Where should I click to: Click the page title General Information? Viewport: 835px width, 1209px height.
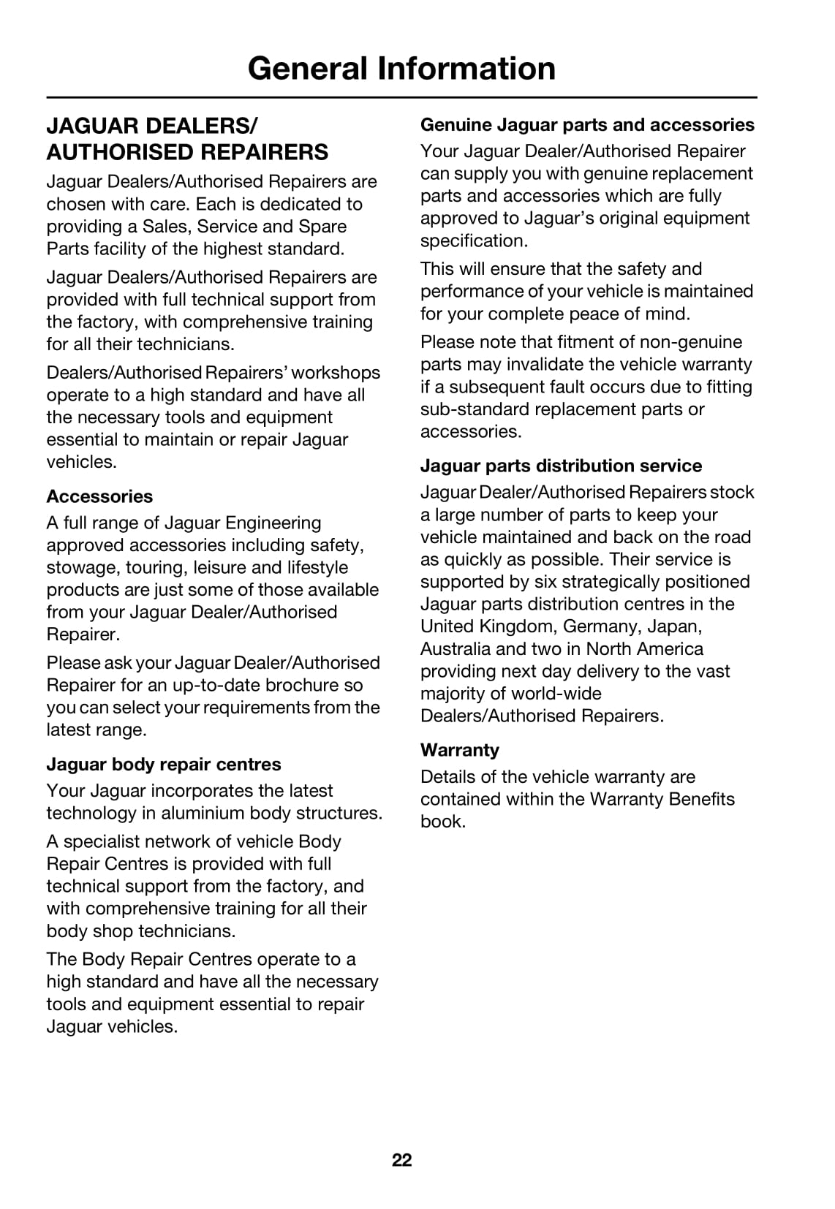tap(401, 68)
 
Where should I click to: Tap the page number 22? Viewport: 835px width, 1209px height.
tap(401, 1160)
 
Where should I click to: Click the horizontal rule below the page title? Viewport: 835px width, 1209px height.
tap(401, 97)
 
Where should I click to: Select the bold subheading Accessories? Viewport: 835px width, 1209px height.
tap(99, 496)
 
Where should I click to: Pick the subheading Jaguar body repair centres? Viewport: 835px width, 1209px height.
tap(164, 764)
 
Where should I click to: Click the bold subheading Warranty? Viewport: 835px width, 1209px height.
tap(459, 750)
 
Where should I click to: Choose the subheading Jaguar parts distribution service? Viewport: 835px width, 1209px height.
tap(561, 466)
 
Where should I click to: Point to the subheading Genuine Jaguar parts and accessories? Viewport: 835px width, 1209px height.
tap(587, 125)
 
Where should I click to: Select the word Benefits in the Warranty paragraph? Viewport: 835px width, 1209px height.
tap(698, 799)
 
